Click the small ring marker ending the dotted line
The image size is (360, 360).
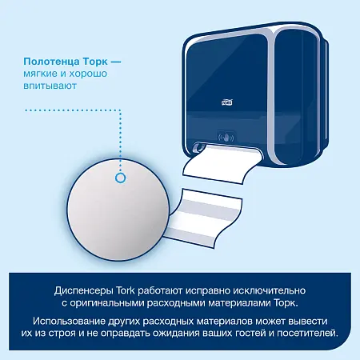pos(122,178)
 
